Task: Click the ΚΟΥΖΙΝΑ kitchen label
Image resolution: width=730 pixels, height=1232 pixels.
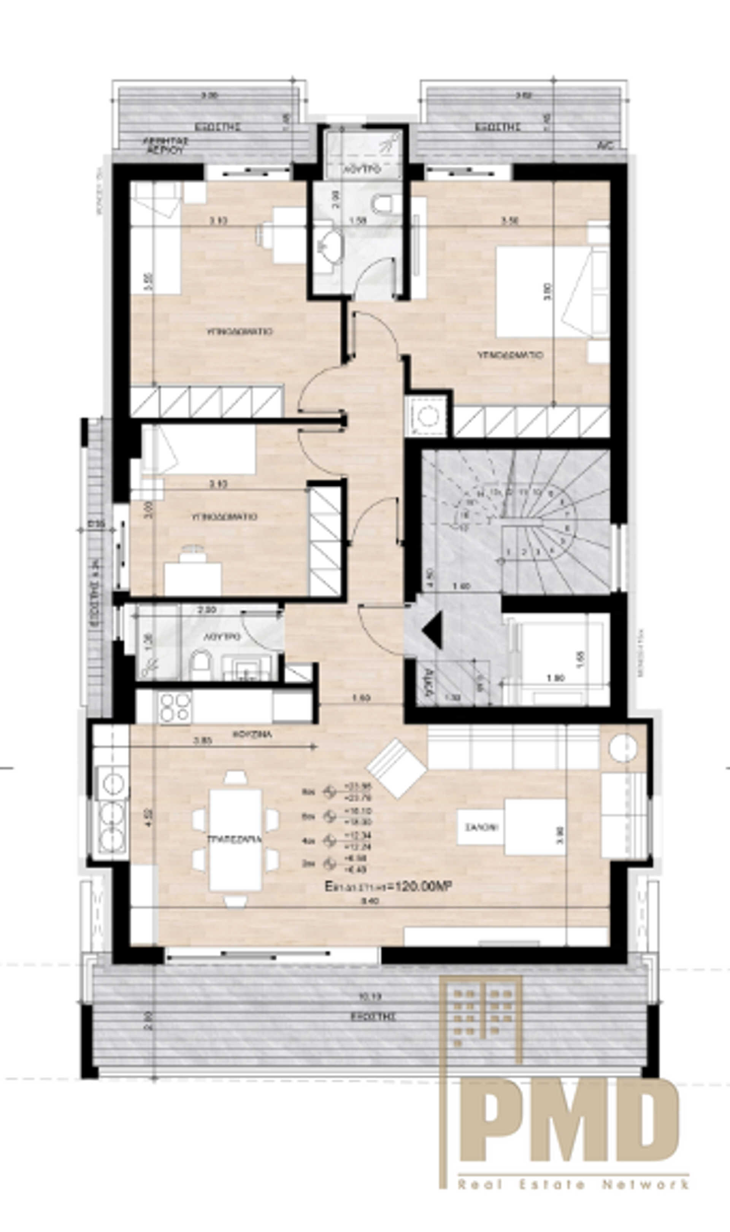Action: coord(252,734)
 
